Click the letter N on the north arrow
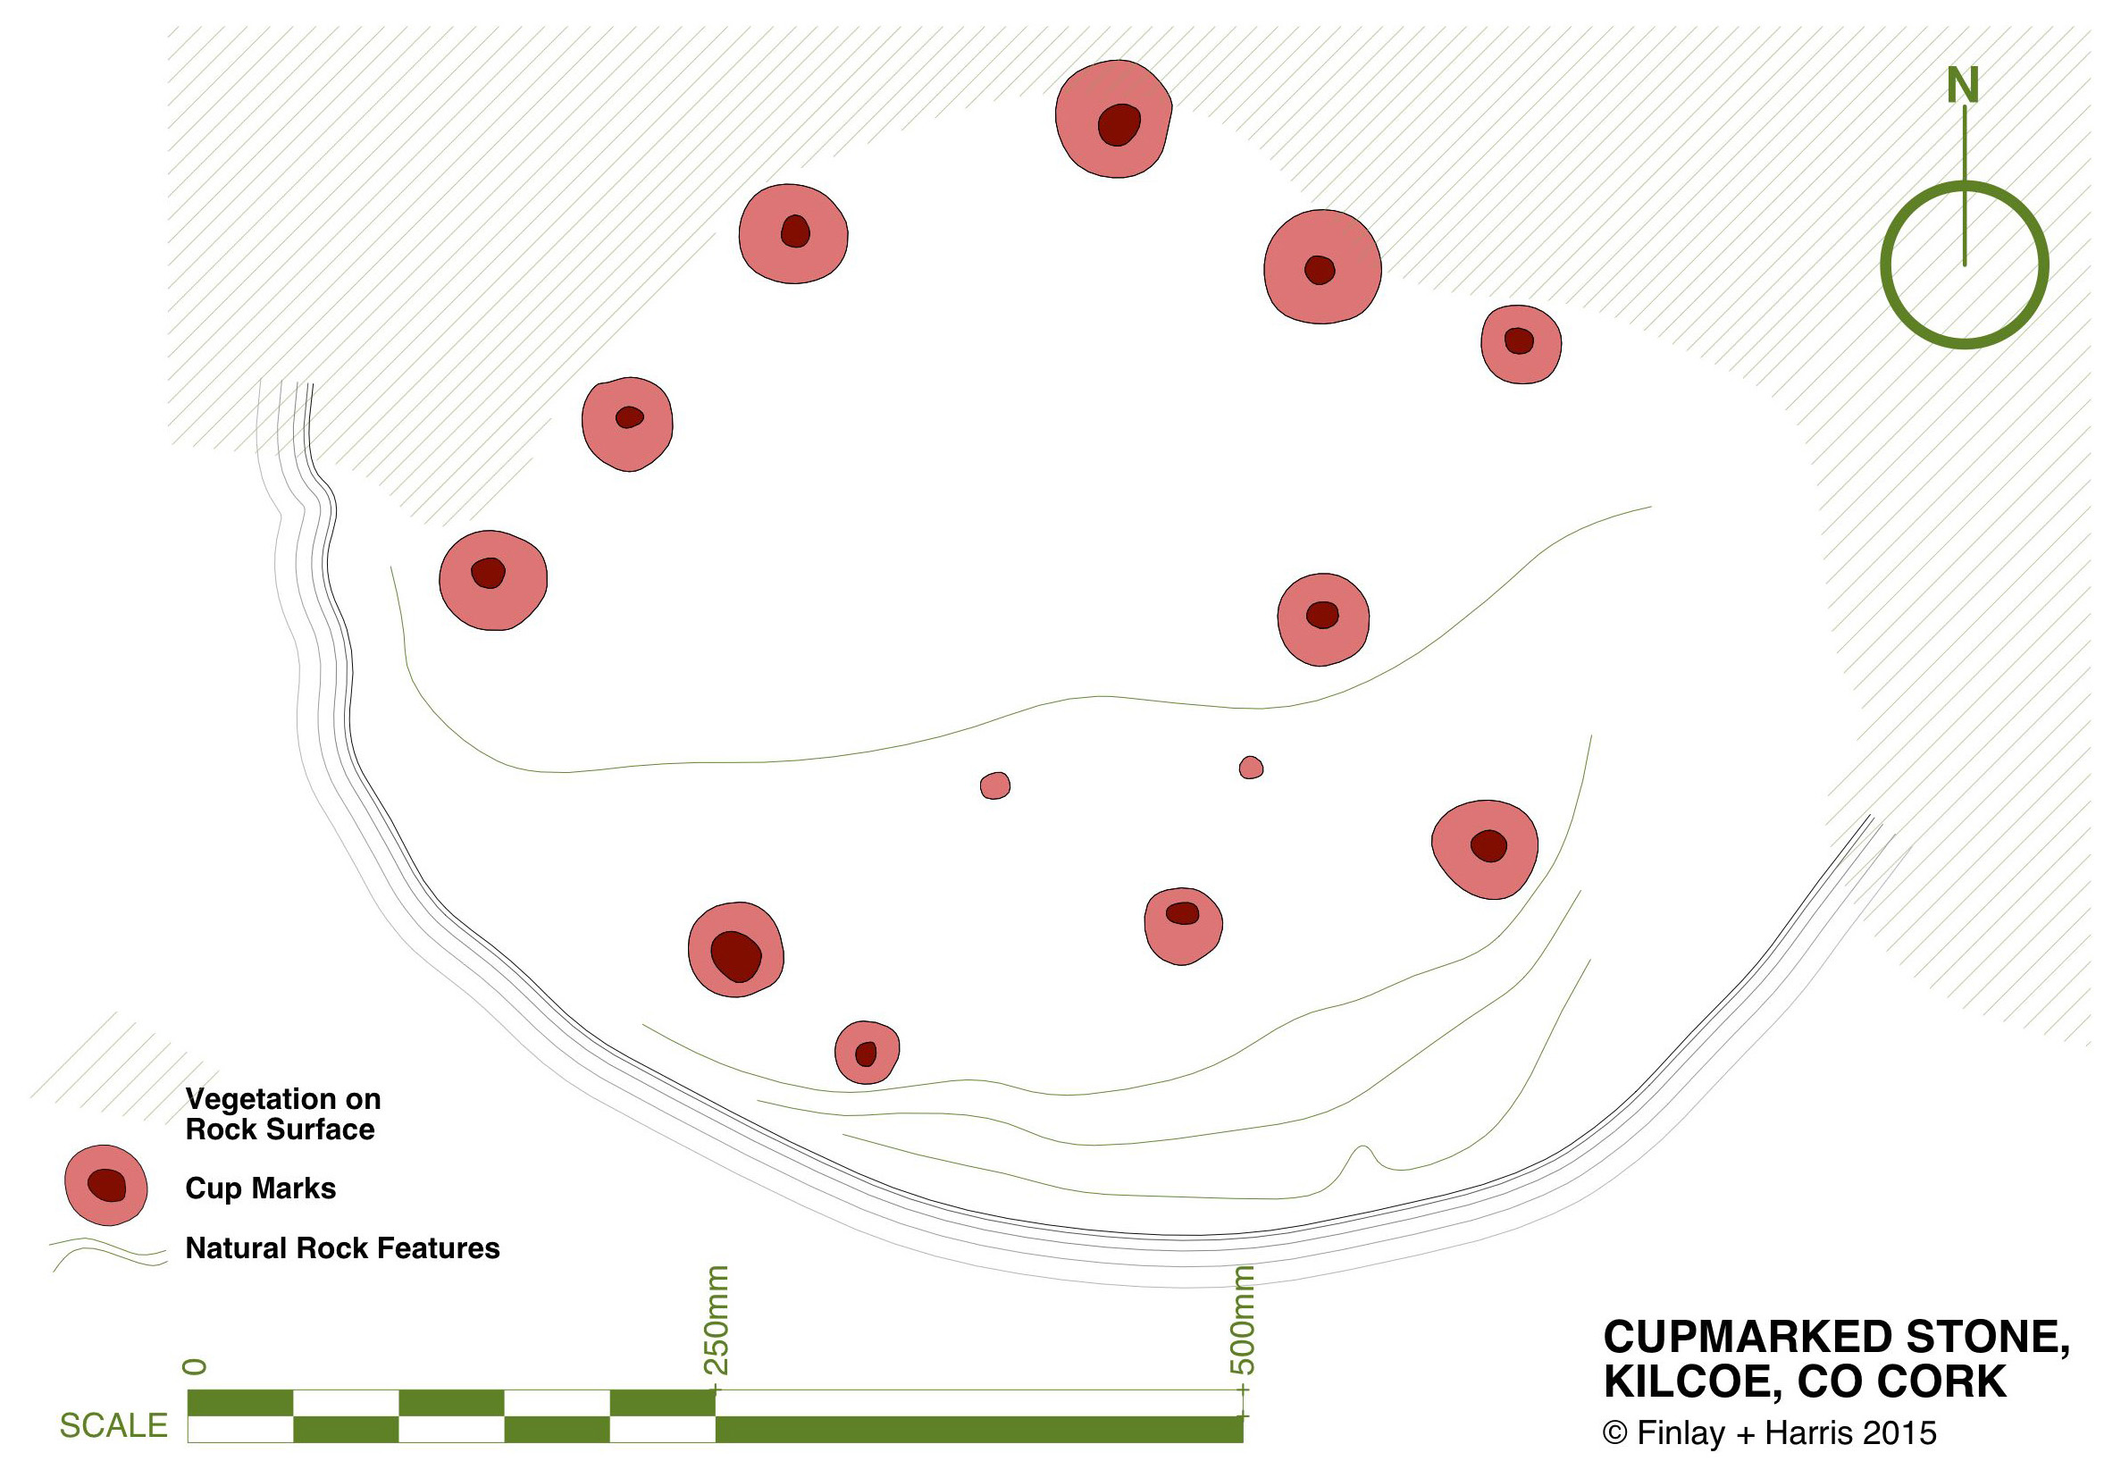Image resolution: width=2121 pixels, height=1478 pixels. (x=1962, y=85)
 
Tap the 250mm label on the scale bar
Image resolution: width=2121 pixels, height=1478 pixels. (x=717, y=1320)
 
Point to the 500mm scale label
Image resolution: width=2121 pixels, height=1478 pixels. (x=1244, y=1320)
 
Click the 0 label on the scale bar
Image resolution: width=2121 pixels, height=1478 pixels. (x=196, y=1366)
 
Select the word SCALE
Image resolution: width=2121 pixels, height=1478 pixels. (x=113, y=1425)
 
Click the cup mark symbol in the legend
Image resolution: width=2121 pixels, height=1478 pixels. (x=106, y=1185)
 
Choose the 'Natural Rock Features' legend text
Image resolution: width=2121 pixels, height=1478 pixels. (x=342, y=1248)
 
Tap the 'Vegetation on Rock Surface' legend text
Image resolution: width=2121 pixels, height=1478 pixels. (x=282, y=1113)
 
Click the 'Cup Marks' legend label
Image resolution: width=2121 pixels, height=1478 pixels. (x=261, y=1188)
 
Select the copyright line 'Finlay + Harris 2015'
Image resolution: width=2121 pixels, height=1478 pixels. (x=1769, y=1432)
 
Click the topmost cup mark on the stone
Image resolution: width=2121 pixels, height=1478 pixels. (x=1114, y=119)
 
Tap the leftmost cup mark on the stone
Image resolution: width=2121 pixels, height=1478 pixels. (x=493, y=580)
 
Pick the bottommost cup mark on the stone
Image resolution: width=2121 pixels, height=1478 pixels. (x=867, y=1052)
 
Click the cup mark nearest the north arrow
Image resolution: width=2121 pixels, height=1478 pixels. (x=1521, y=344)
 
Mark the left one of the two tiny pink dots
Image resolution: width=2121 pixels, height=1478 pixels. (x=995, y=786)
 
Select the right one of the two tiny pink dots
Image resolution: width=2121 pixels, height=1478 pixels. (x=1251, y=768)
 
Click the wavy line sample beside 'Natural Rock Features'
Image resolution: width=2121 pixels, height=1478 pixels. (x=108, y=1253)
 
